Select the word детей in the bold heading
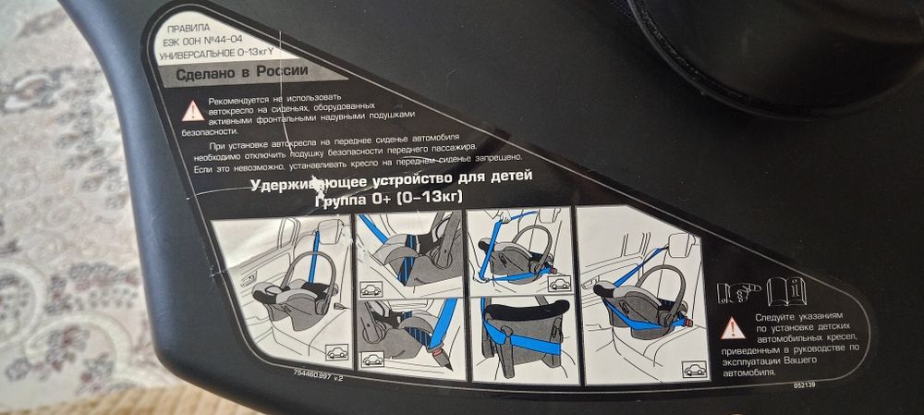point(505,174)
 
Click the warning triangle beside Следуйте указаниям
point(734,325)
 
